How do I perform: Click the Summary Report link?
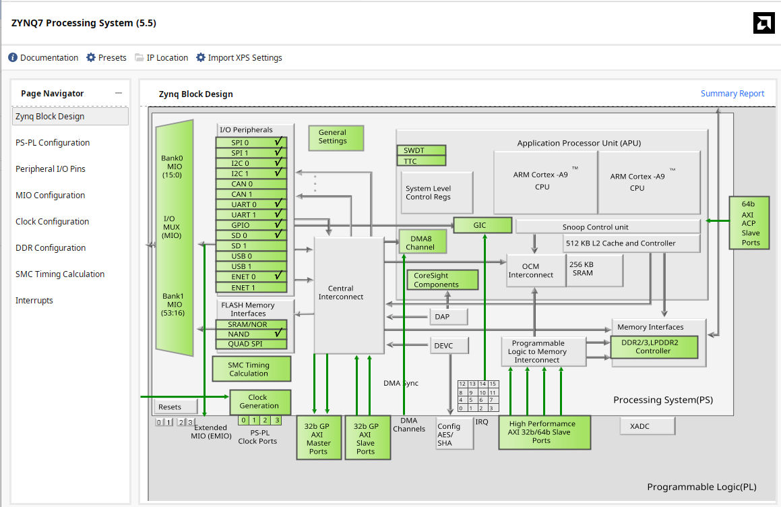coord(732,94)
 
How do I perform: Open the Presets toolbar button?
coord(106,58)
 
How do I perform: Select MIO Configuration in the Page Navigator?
coord(50,196)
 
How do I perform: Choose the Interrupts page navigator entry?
coord(34,301)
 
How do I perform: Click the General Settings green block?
coord(336,138)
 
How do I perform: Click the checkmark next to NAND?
coord(277,334)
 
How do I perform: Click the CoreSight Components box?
coord(442,280)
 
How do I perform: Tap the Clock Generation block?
coord(259,402)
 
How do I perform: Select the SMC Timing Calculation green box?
coord(250,369)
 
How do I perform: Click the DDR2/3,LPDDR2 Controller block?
coord(654,347)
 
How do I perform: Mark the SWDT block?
coord(420,150)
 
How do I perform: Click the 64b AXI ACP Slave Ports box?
coord(749,223)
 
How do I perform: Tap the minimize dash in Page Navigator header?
coord(119,94)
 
